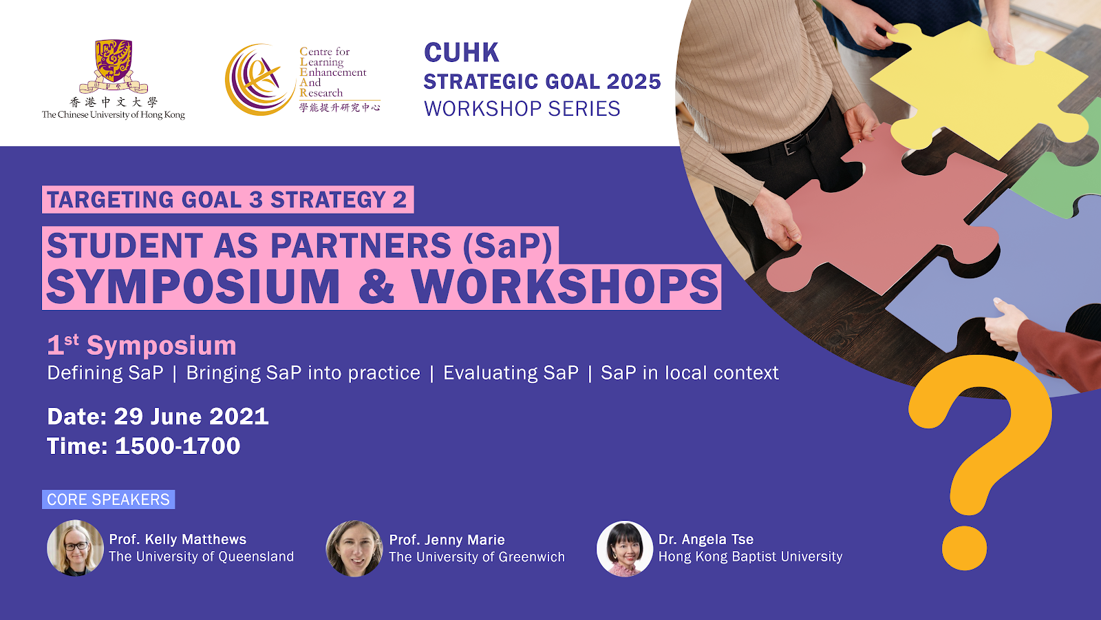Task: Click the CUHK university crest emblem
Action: [114, 66]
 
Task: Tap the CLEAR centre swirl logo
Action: [261, 80]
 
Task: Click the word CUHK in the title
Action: [462, 52]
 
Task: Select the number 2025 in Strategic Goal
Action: [634, 82]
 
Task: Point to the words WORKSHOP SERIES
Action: [522, 109]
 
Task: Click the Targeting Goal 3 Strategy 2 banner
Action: [228, 199]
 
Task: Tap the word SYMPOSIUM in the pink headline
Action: [193, 287]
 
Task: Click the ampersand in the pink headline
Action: [376, 287]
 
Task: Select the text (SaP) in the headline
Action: [508, 245]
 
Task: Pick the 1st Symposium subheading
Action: [142, 345]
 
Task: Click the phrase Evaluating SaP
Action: [511, 373]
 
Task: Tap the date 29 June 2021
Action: [191, 416]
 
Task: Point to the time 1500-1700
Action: [178, 446]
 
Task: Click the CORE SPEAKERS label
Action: [108, 499]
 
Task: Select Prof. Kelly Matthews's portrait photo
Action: [75, 548]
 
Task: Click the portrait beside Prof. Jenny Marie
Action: [354, 548]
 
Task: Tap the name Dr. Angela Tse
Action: [706, 539]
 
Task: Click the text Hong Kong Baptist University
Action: [750, 557]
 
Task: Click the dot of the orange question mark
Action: [964, 548]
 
